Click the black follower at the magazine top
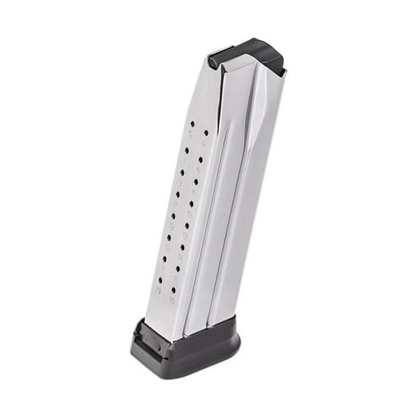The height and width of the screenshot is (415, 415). coord(249,51)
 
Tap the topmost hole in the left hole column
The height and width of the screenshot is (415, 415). coord(193,124)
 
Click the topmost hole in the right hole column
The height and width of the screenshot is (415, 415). coord(206,133)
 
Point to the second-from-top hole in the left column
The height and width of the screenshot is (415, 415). coord(188,149)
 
